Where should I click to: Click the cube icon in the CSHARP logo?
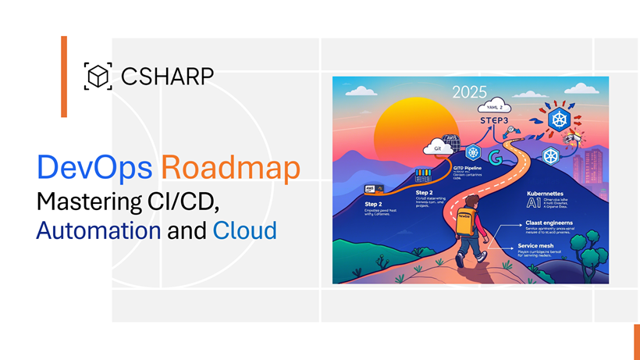point(97,77)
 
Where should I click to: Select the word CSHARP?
point(167,77)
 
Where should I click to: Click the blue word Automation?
point(98,230)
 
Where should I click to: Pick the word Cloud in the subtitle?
point(244,230)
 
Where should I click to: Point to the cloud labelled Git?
point(433,148)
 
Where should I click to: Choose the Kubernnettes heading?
point(546,193)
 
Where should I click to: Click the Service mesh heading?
point(537,245)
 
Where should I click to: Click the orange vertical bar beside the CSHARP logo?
point(64,77)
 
